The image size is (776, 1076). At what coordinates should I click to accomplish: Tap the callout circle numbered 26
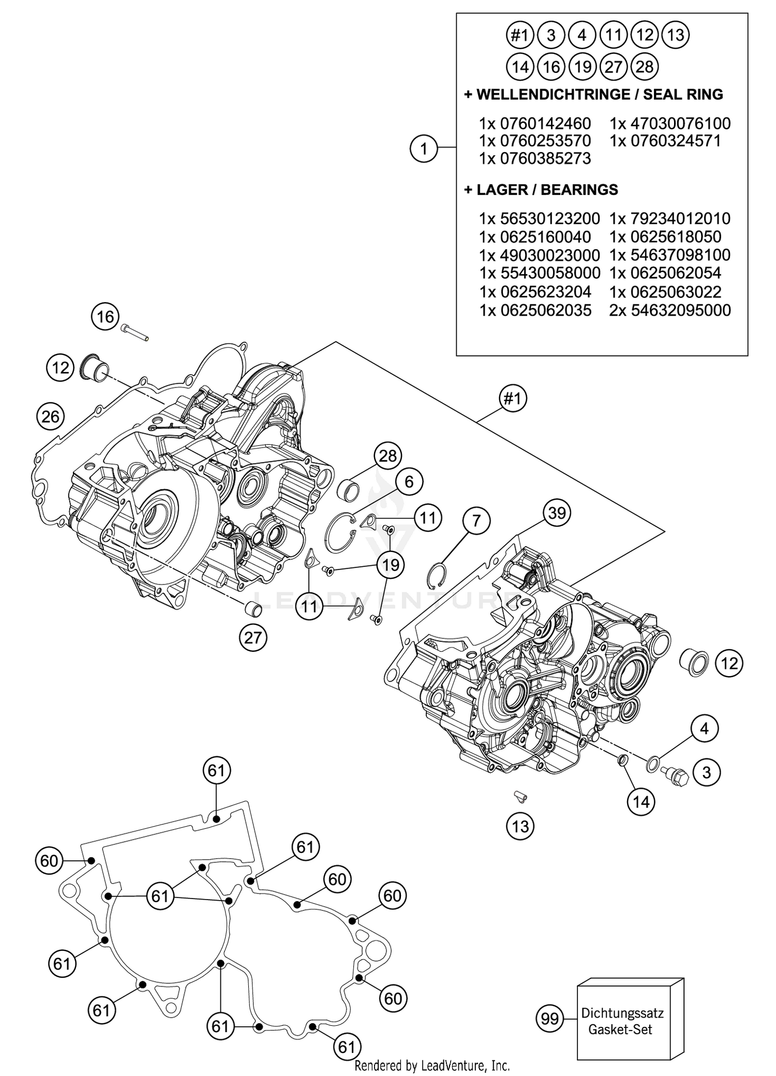point(51,416)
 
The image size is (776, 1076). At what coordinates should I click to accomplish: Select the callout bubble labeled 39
point(557,513)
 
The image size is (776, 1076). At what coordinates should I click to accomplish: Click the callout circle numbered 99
point(549,1019)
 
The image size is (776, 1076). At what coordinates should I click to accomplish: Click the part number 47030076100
point(670,124)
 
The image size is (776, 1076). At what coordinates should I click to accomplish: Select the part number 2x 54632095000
point(670,310)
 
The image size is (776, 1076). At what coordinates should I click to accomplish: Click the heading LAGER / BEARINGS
point(541,190)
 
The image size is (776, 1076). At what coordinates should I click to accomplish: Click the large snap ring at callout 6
point(341,533)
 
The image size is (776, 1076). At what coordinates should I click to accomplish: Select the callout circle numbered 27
point(253,637)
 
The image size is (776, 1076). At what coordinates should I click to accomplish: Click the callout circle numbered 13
point(520,826)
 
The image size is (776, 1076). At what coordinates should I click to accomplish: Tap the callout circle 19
point(391,565)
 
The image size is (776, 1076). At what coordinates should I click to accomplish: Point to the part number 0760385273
point(535,159)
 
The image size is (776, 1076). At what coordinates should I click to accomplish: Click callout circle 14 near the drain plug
point(641,802)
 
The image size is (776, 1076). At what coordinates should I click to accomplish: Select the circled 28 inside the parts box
point(645,67)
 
